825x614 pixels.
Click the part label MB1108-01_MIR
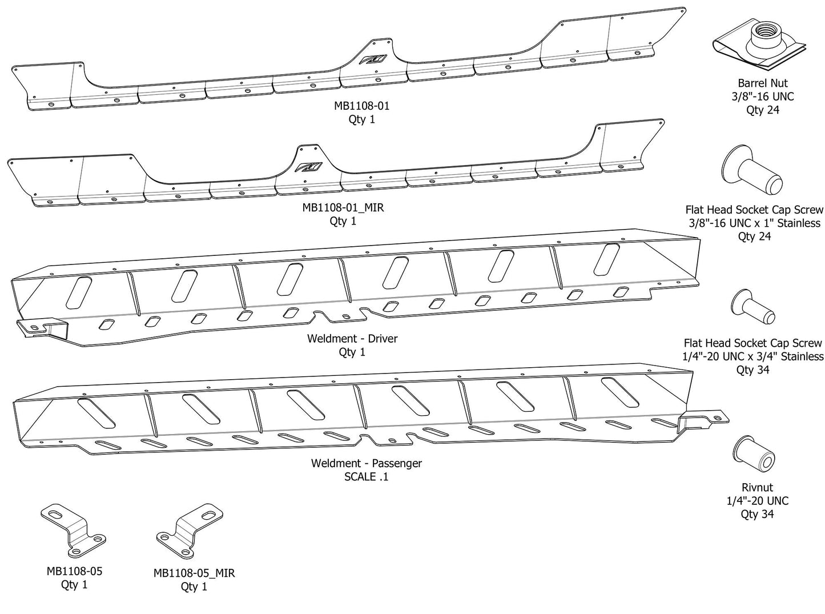343,207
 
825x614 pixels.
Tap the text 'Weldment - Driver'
352,338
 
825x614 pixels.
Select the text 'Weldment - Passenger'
366,463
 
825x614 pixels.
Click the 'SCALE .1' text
366,476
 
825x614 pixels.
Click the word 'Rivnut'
757,487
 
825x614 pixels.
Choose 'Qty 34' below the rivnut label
757,514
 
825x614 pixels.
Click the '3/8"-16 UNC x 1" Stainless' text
754,223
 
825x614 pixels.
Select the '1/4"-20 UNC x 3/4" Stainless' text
754,356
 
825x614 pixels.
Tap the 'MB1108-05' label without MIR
74,571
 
